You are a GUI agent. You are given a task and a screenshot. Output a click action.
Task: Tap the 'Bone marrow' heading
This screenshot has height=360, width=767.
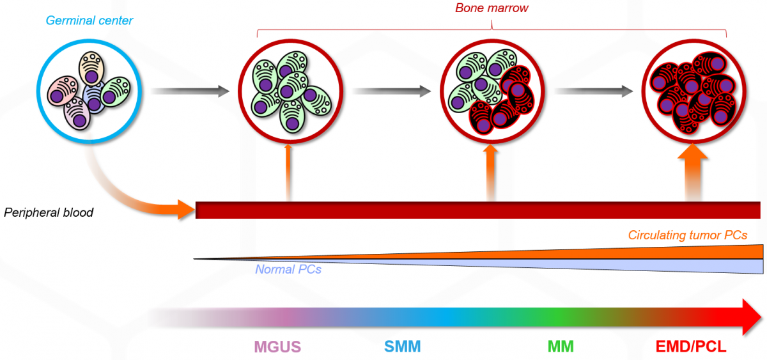tap(492, 8)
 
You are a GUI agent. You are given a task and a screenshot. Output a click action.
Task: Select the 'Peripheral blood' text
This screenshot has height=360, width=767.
tap(49, 212)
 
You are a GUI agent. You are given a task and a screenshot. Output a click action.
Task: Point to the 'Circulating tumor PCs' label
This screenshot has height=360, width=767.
tap(688, 235)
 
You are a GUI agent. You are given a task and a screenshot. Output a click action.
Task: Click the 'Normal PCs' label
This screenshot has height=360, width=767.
tap(288, 269)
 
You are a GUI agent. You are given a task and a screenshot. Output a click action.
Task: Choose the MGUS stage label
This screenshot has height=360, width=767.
tap(277, 347)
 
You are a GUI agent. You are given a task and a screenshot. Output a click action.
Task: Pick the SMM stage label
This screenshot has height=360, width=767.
tap(403, 347)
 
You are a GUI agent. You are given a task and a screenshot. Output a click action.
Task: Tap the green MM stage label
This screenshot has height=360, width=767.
tap(561, 347)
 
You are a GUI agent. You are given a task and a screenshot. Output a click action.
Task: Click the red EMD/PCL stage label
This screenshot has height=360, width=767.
tap(691, 347)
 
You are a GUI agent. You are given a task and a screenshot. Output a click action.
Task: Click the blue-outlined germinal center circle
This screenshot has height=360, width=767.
tap(89, 90)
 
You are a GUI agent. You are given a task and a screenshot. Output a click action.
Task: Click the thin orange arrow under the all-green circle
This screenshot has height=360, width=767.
tap(289, 173)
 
